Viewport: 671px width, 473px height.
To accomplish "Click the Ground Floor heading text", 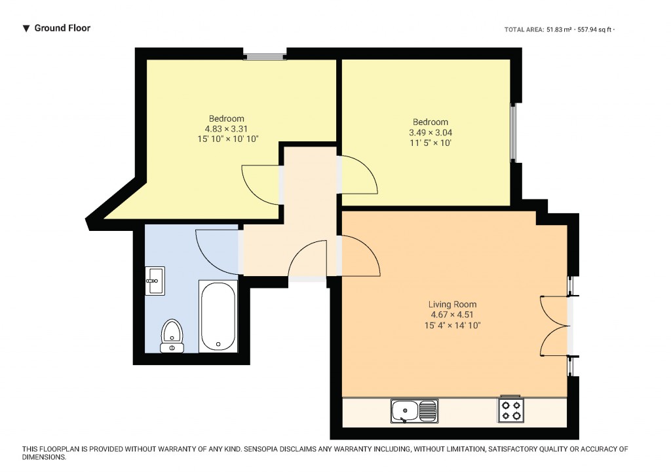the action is coord(62,28).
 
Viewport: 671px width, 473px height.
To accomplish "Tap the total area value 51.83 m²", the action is coord(559,30).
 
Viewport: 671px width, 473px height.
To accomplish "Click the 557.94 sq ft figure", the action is coord(595,30).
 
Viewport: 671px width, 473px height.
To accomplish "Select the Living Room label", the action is coord(452,304).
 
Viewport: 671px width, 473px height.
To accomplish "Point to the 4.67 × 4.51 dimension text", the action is coord(452,315).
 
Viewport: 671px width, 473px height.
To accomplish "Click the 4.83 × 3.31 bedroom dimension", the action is coord(226,129).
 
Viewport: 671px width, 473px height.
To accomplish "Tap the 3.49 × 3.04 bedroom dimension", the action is coord(431,132).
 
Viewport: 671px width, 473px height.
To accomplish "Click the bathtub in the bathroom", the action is coord(218,316).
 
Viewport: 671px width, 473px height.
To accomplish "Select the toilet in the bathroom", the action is coord(172,336).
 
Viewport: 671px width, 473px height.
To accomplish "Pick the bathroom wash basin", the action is coord(155,281).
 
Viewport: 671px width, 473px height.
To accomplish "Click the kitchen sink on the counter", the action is coord(414,411).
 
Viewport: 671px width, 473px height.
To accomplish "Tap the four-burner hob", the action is coord(511,410).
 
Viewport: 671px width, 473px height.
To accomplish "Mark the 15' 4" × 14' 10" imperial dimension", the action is coord(452,326).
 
